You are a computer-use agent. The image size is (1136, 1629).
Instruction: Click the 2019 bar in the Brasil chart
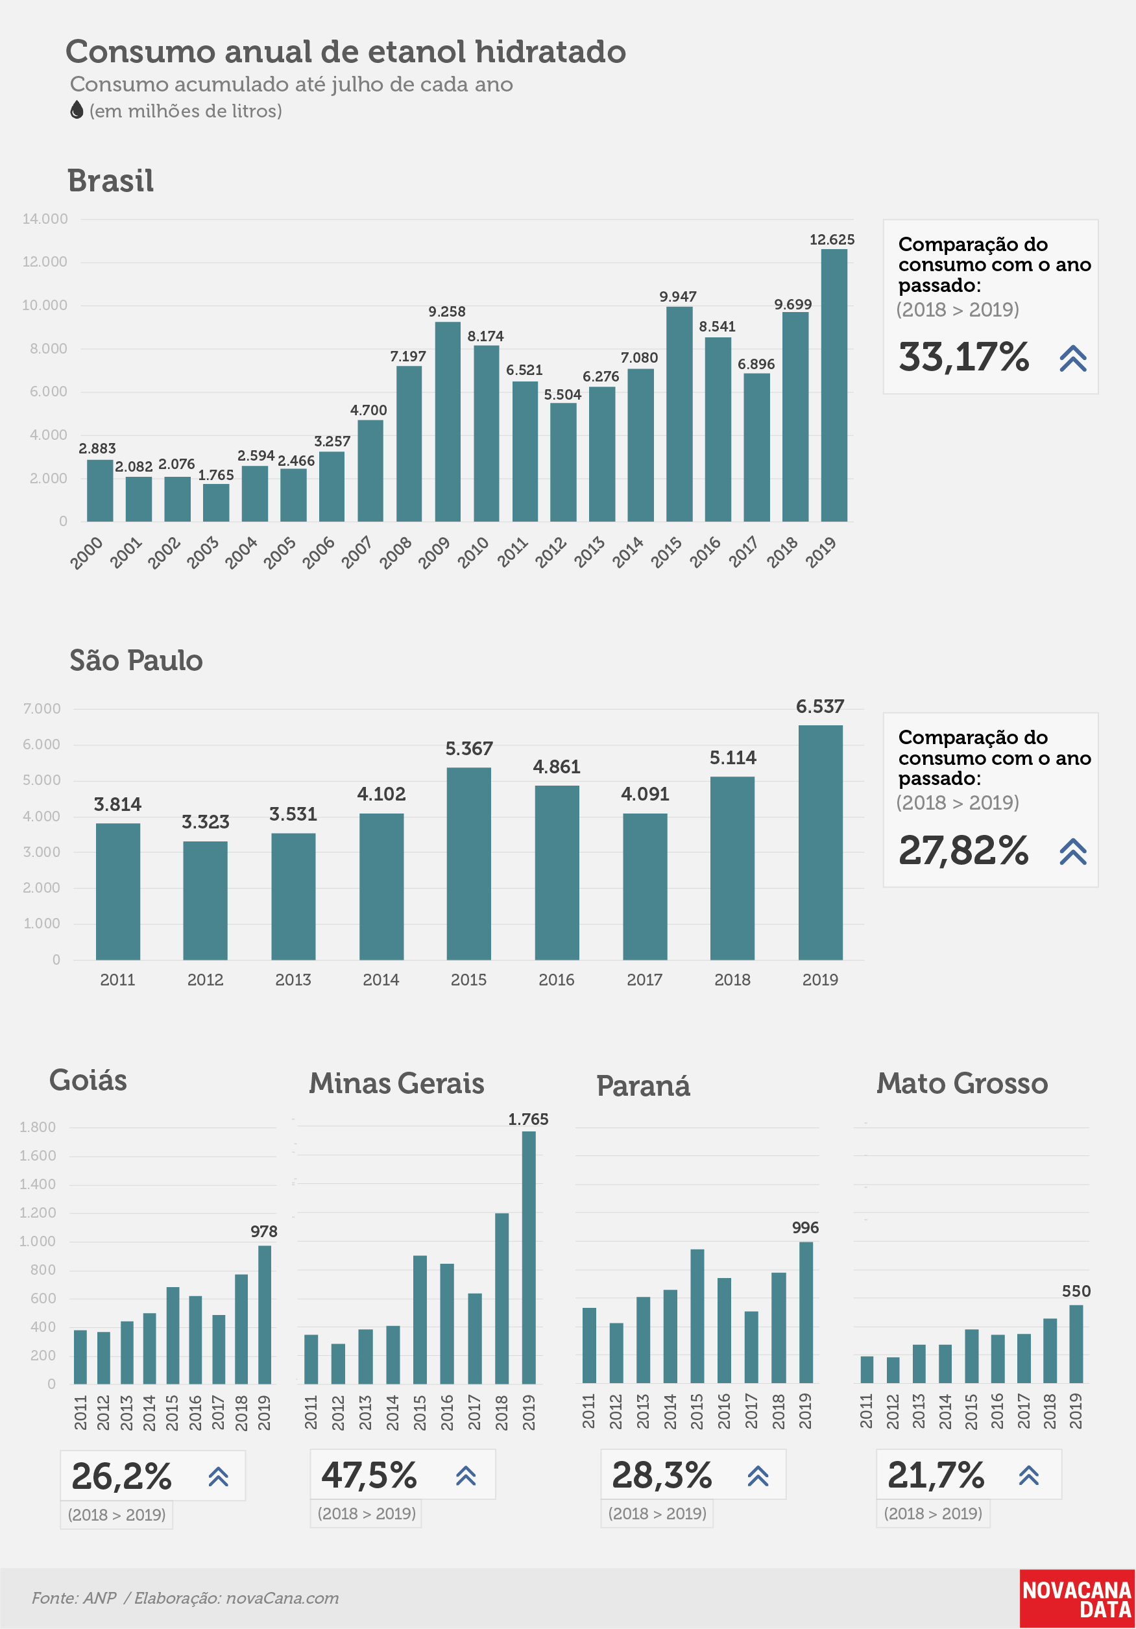pyautogui.click(x=834, y=385)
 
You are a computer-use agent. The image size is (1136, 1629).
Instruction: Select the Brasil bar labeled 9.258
pyautogui.click(x=448, y=422)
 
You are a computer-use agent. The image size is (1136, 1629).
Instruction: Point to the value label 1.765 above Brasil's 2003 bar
pyautogui.click(x=215, y=475)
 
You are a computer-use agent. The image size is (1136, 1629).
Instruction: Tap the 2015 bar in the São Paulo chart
pyautogui.click(x=469, y=863)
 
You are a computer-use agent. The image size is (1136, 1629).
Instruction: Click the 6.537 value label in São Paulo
pyautogui.click(x=820, y=706)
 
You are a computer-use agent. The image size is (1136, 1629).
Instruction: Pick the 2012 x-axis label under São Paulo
pyautogui.click(x=205, y=980)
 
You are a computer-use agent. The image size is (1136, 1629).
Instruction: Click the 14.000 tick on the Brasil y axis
pyautogui.click(x=45, y=219)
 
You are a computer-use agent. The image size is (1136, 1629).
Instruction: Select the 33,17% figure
pyautogui.click(x=963, y=356)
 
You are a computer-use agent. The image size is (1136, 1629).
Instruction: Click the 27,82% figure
pyautogui.click(x=963, y=849)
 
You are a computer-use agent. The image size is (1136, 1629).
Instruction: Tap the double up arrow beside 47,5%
pyautogui.click(x=465, y=1477)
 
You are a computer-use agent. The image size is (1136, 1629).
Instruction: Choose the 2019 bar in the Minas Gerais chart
pyautogui.click(x=529, y=1257)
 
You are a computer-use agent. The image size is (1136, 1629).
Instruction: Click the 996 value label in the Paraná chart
pyautogui.click(x=805, y=1227)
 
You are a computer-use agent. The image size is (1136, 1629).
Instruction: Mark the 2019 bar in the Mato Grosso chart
pyautogui.click(x=1076, y=1344)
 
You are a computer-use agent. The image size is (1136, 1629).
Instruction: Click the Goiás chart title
pyautogui.click(x=88, y=1081)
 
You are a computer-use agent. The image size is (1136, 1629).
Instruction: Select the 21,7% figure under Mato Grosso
pyautogui.click(x=936, y=1476)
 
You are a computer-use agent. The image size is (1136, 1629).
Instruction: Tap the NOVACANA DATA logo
pyautogui.click(x=1077, y=1599)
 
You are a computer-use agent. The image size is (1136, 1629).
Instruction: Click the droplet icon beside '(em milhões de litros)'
pyautogui.click(x=77, y=110)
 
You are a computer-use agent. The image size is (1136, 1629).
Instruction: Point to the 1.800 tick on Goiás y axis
pyautogui.click(x=37, y=1127)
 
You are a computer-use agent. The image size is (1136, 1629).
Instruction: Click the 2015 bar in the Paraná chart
pyautogui.click(x=697, y=1316)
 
